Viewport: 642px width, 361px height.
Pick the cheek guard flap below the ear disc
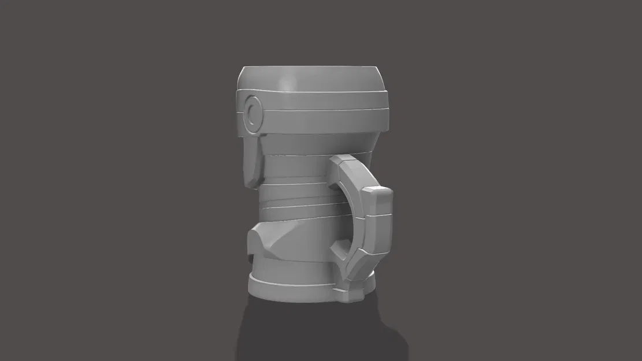pyautogui.click(x=253, y=156)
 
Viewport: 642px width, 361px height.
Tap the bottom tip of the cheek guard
pyautogui.click(x=253, y=185)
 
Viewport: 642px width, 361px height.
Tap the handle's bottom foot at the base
pyautogui.click(x=352, y=292)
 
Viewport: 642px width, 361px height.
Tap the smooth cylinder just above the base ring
pyautogui.click(x=295, y=269)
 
